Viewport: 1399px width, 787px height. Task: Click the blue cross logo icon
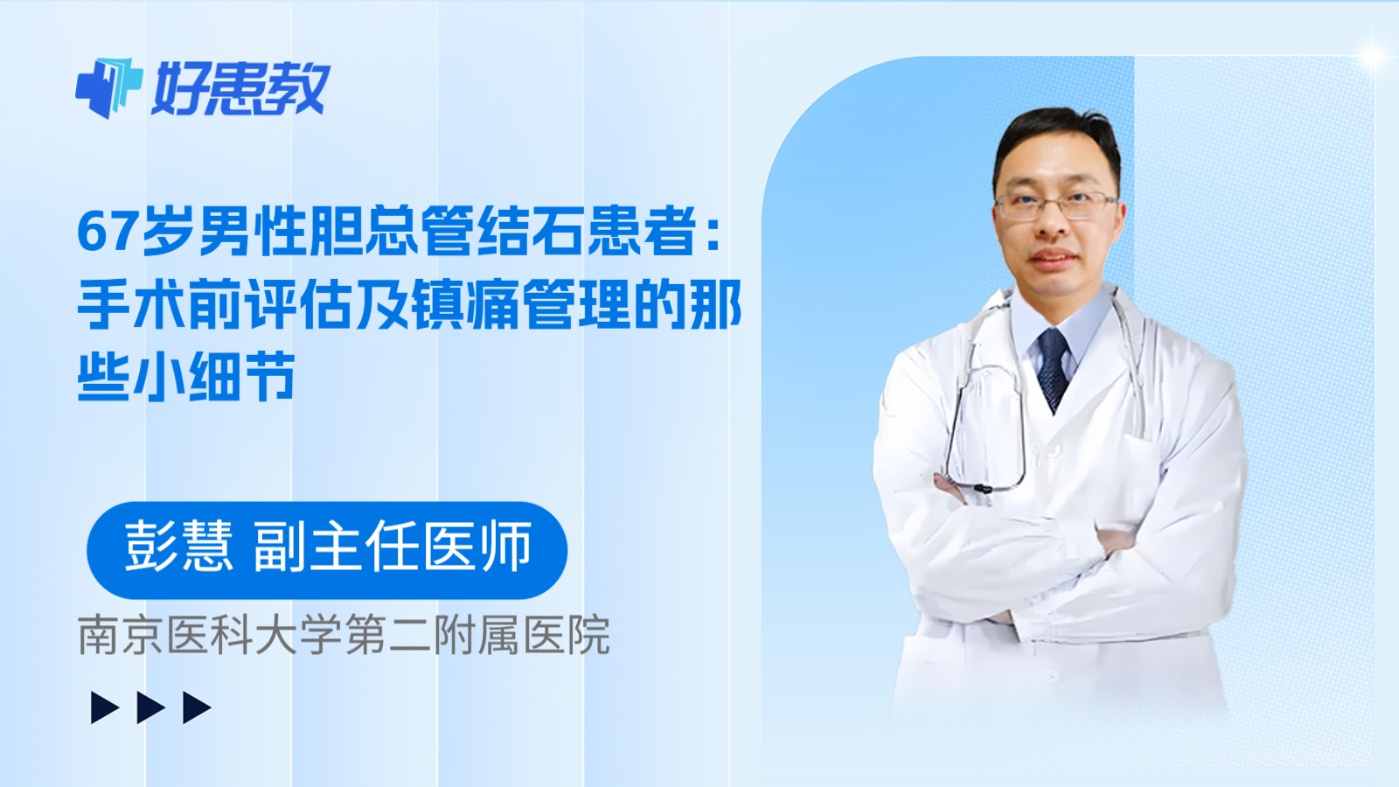[x=108, y=87]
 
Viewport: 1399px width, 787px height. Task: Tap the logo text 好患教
[x=240, y=88]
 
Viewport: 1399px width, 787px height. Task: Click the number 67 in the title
[x=108, y=232]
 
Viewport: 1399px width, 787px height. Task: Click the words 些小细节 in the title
[x=186, y=377]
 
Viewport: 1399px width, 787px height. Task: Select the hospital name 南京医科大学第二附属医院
[x=344, y=636]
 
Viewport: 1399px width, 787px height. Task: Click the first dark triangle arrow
[x=104, y=707]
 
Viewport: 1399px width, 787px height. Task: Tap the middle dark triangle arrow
[x=150, y=707]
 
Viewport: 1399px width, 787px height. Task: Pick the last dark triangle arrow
[x=196, y=707]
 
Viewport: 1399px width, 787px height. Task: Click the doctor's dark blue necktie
[x=1054, y=367]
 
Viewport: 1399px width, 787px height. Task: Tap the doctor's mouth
[x=1053, y=258]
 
